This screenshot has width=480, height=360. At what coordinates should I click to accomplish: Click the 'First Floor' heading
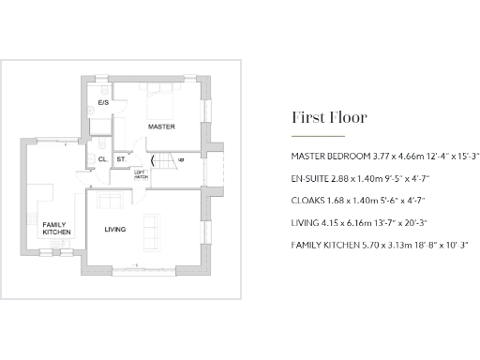pyautogui.click(x=329, y=118)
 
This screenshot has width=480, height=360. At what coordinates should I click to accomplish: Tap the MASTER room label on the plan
pyautogui.click(x=161, y=126)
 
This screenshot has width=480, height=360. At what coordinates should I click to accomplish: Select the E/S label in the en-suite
pyautogui.click(x=103, y=101)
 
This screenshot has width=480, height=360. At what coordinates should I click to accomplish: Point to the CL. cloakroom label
pyautogui.click(x=102, y=159)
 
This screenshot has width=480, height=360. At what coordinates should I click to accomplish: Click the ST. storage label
pyautogui.click(x=122, y=159)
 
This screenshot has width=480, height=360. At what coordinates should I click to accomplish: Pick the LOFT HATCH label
pyautogui.click(x=139, y=173)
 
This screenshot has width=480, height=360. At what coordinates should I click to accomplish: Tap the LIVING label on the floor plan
pyautogui.click(x=115, y=230)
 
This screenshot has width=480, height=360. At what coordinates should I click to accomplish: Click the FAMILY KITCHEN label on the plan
pyautogui.click(x=56, y=228)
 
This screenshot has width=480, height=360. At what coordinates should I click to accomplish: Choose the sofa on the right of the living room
pyautogui.click(x=149, y=230)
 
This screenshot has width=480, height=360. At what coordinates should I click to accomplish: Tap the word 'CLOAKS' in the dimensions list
pyautogui.click(x=307, y=200)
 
